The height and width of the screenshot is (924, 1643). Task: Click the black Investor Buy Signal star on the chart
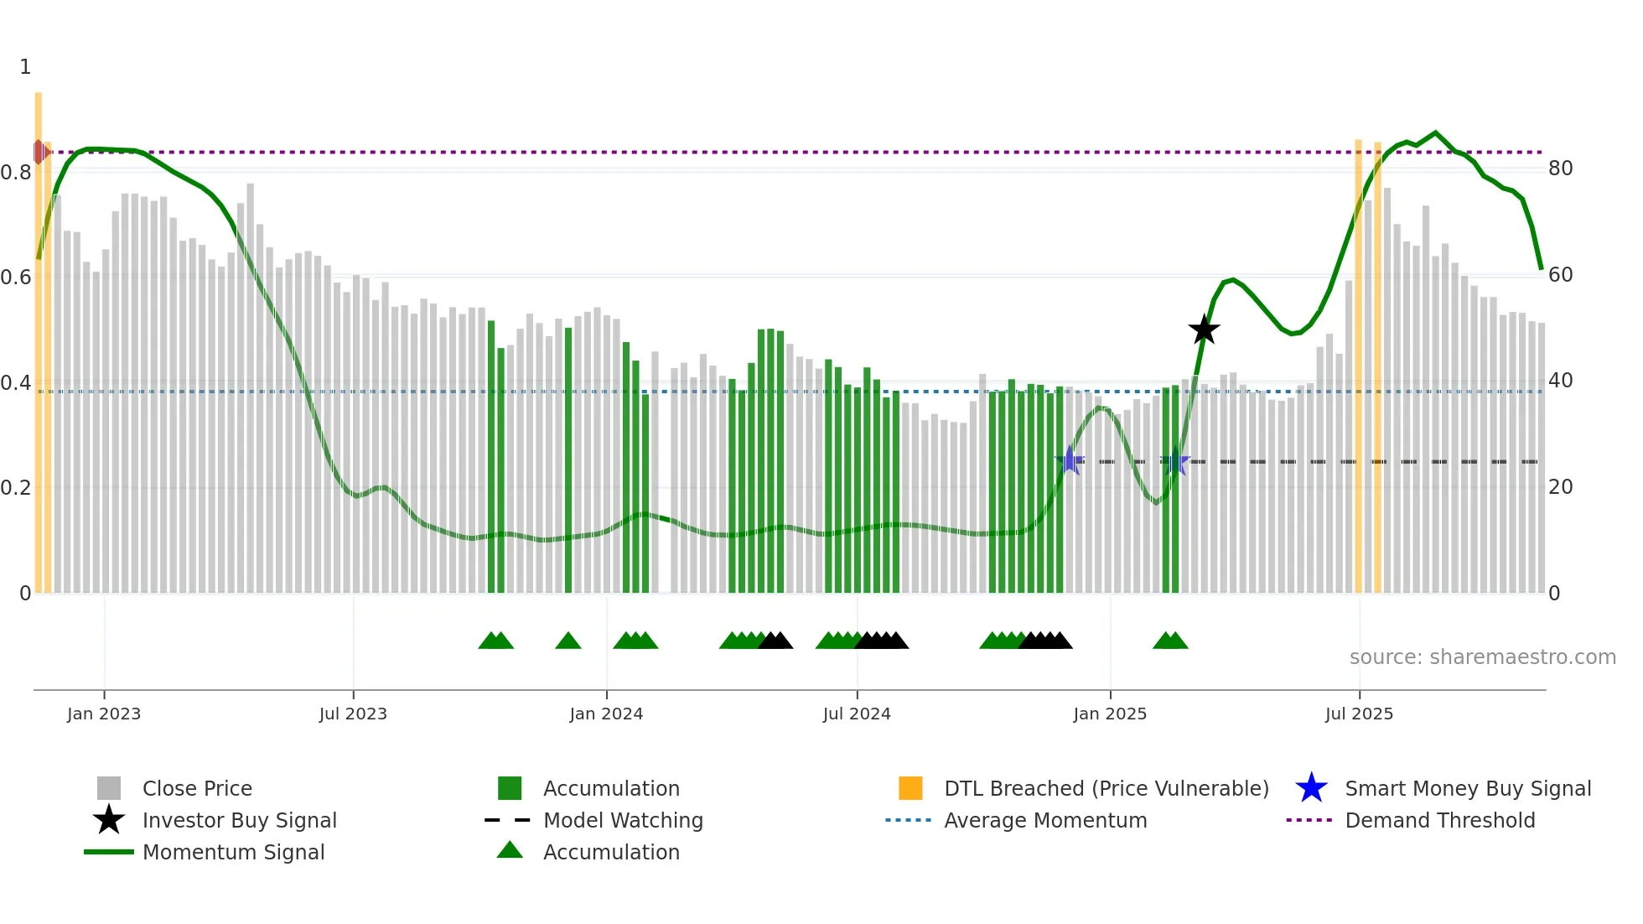[1204, 330]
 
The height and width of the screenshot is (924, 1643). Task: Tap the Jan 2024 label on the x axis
[606, 714]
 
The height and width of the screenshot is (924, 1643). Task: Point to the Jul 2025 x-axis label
[1359, 714]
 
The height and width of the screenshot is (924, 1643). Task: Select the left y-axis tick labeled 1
[25, 67]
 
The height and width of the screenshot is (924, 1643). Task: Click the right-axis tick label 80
[1560, 169]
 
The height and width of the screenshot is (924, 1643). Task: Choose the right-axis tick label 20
[1560, 487]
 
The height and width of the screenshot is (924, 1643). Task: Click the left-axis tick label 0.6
[16, 278]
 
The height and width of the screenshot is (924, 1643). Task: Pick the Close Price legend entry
[197, 789]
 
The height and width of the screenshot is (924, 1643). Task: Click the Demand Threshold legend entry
[1439, 821]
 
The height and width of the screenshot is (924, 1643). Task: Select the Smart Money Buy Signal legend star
[1311, 789]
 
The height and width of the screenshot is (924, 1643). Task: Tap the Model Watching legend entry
[623, 821]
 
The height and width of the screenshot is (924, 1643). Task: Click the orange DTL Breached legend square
[910, 789]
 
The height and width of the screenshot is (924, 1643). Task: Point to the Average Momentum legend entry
[1044, 821]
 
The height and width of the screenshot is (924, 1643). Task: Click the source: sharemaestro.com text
[1482, 657]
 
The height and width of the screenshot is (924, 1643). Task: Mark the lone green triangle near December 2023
[568, 641]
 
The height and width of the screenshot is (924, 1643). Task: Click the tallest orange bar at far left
[39, 335]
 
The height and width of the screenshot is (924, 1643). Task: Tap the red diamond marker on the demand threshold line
[39, 153]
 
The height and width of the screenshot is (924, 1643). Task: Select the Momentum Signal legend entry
[233, 853]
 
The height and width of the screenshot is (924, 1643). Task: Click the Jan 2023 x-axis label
[104, 714]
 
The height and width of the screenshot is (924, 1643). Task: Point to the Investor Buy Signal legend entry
[239, 821]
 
